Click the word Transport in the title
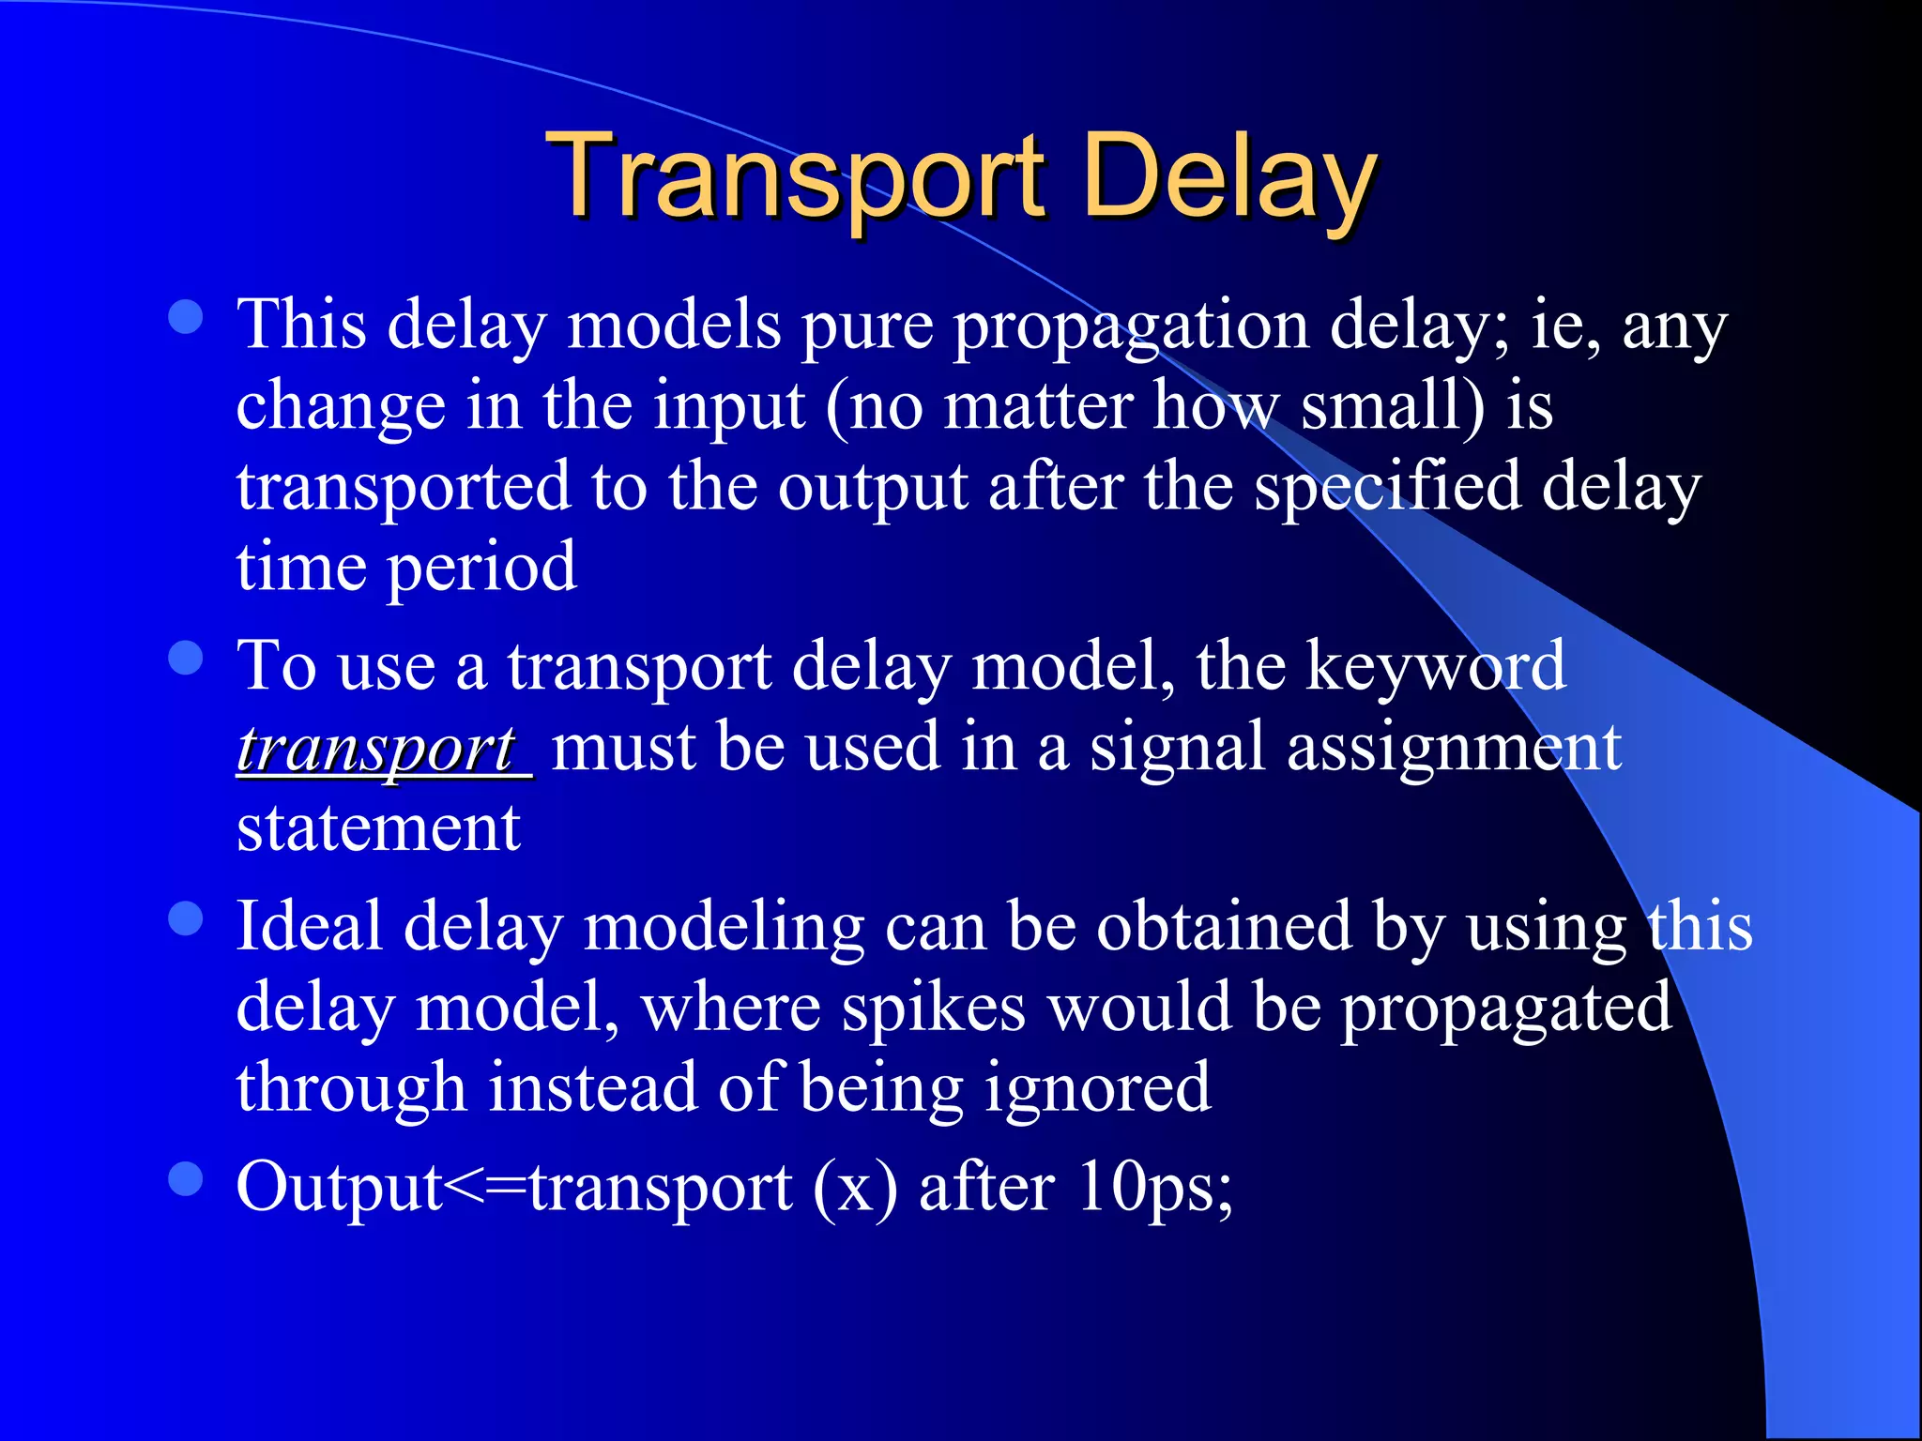pos(800,175)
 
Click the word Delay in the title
pos(1229,175)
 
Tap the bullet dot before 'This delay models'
pos(186,317)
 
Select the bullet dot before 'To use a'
pos(186,658)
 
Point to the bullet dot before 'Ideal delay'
pos(186,918)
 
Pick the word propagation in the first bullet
pos(1131,326)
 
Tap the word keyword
pos(1436,666)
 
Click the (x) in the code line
pos(855,1188)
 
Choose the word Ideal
pos(310,927)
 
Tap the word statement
pos(378,829)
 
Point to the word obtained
pos(1225,927)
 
